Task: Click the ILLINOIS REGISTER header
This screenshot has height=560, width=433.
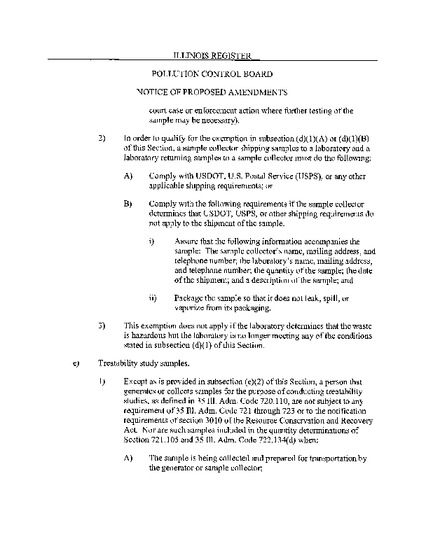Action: pos(211,55)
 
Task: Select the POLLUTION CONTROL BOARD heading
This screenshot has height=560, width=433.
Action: pos(212,73)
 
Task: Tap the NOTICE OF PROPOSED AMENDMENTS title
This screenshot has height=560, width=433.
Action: pos(212,92)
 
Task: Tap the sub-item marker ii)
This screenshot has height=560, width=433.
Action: pos(153,298)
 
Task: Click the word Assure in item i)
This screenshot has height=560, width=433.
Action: pos(186,241)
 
